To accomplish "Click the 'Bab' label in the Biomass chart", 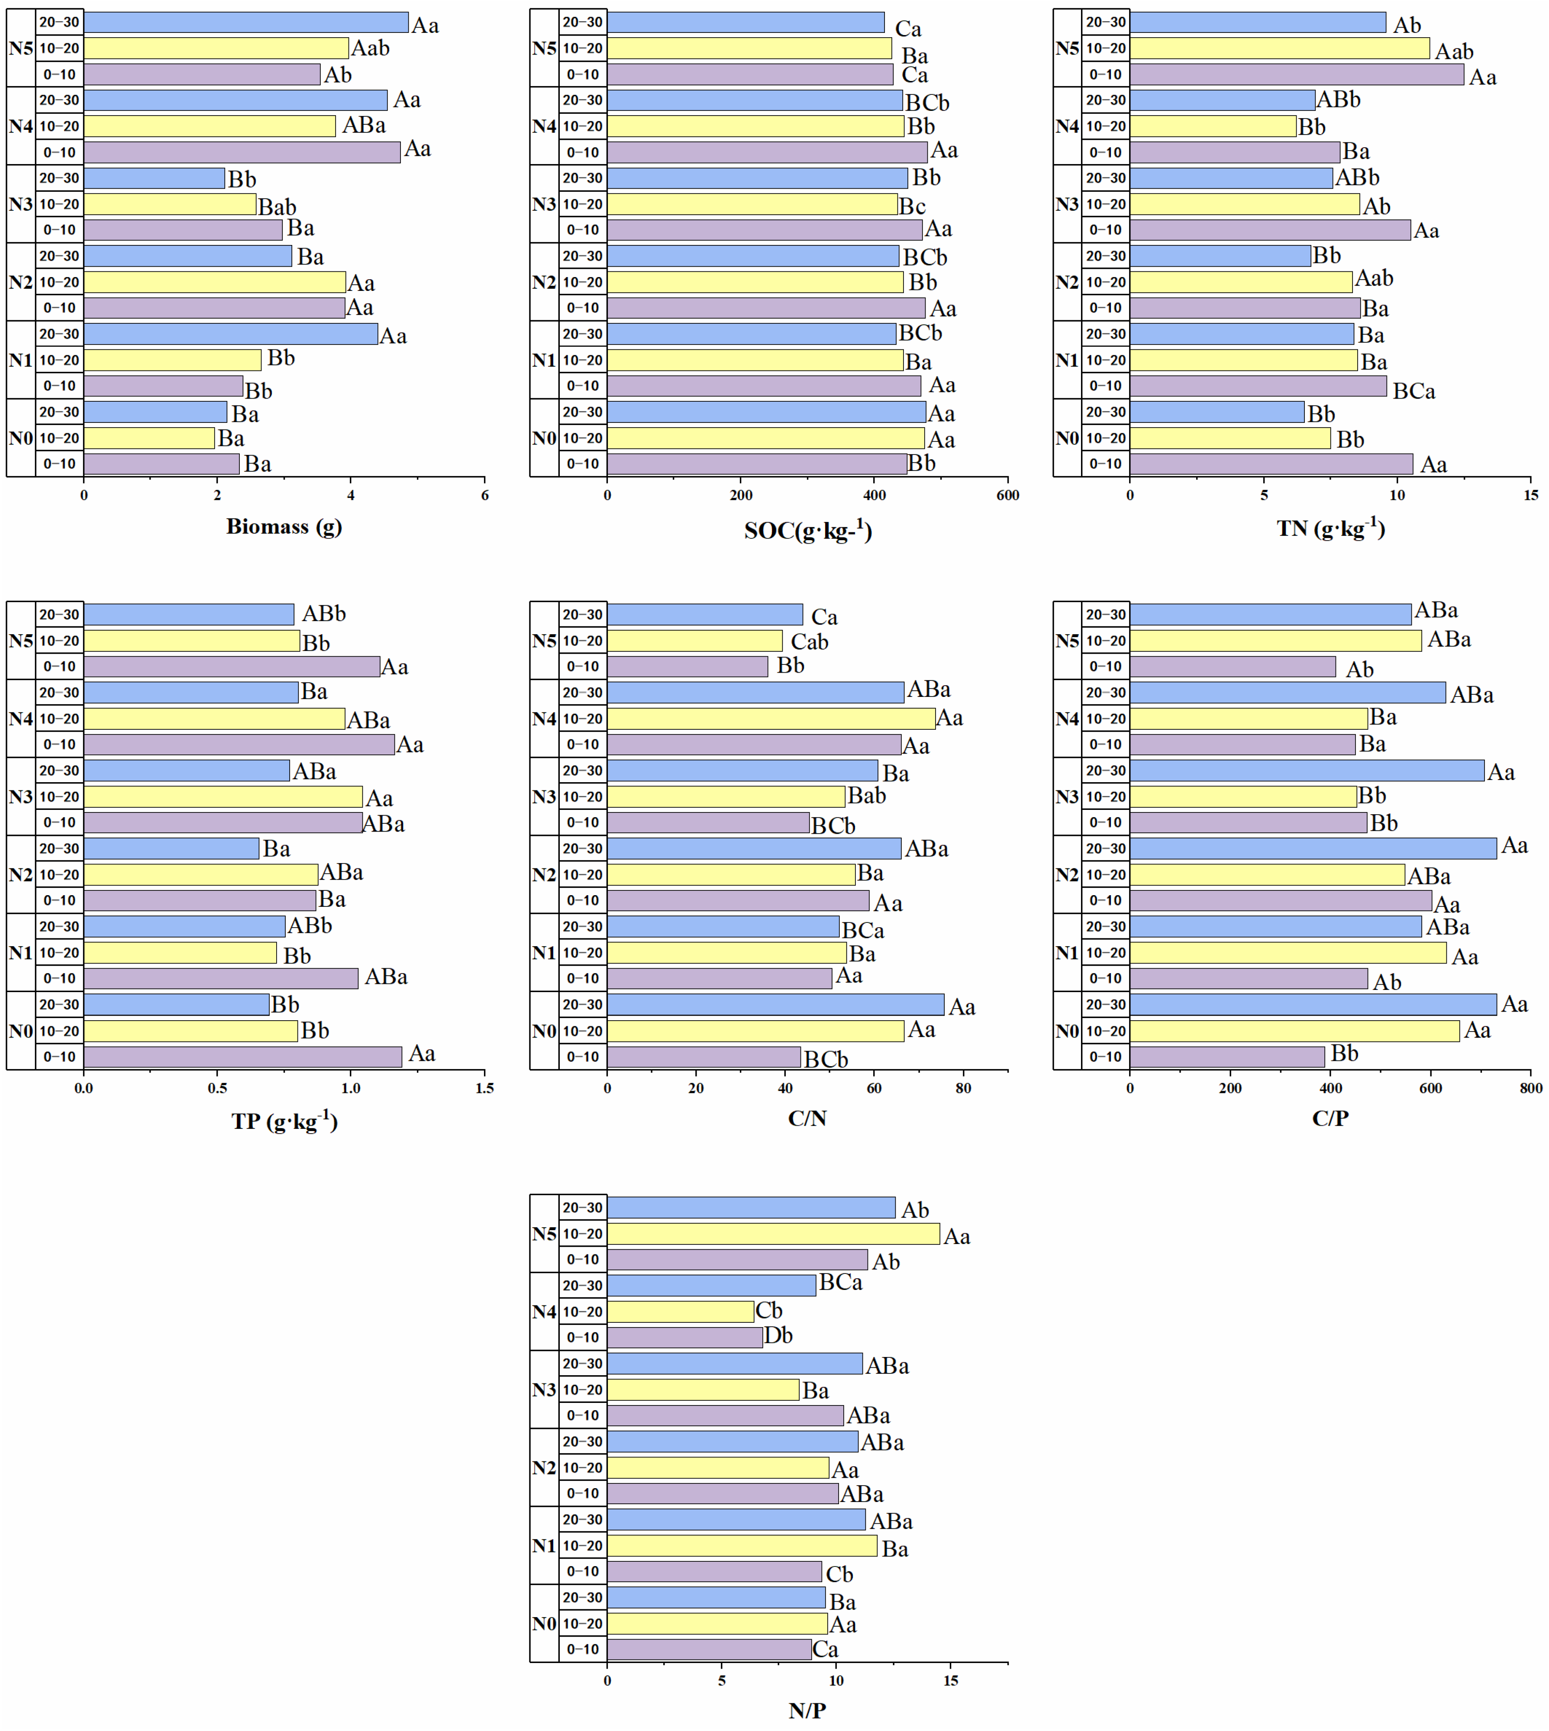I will point(278,207).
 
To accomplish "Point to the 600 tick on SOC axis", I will point(1008,495).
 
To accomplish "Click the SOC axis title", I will point(808,530).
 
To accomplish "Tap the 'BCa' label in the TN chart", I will point(1413,390).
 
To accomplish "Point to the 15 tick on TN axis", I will point(1530,495).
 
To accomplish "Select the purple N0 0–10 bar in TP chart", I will point(242,1056).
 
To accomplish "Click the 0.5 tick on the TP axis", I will point(217,1088).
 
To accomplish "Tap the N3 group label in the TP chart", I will point(20,796).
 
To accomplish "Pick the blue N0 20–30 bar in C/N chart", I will point(774,1004).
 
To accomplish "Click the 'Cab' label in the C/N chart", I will point(810,641).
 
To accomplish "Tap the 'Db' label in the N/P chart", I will point(778,1335).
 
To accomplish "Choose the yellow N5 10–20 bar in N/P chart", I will point(773,1233).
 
